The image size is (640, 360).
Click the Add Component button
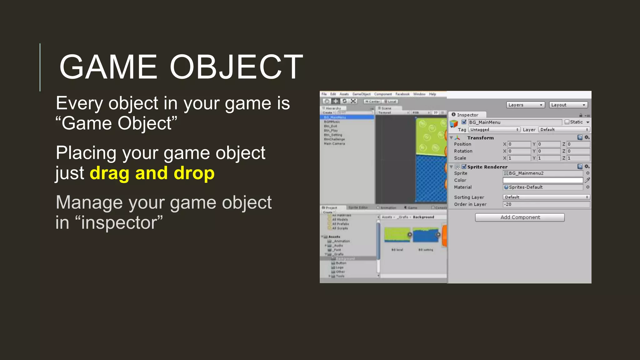(520, 217)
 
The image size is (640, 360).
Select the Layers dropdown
(525, 105)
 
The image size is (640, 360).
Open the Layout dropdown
(568, 105)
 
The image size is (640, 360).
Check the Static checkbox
(567, 122)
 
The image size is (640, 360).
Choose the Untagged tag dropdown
(494, 130)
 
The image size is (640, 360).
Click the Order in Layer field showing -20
(546, 204)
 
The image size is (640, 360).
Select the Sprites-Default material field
(543, 187)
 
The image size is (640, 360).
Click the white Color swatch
(543, 180)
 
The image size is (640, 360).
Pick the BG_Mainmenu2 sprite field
(543, 173)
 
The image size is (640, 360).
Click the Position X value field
(519, 144)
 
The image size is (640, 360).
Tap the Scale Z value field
(578, 158)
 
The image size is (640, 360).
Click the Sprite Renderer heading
(487, 167)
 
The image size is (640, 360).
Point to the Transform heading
(480, 138)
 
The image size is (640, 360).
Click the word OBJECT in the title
(236, 67)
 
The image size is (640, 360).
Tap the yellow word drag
(109, 173)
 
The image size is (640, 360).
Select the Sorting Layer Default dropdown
(546, 197)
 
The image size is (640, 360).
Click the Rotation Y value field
(549, 151)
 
